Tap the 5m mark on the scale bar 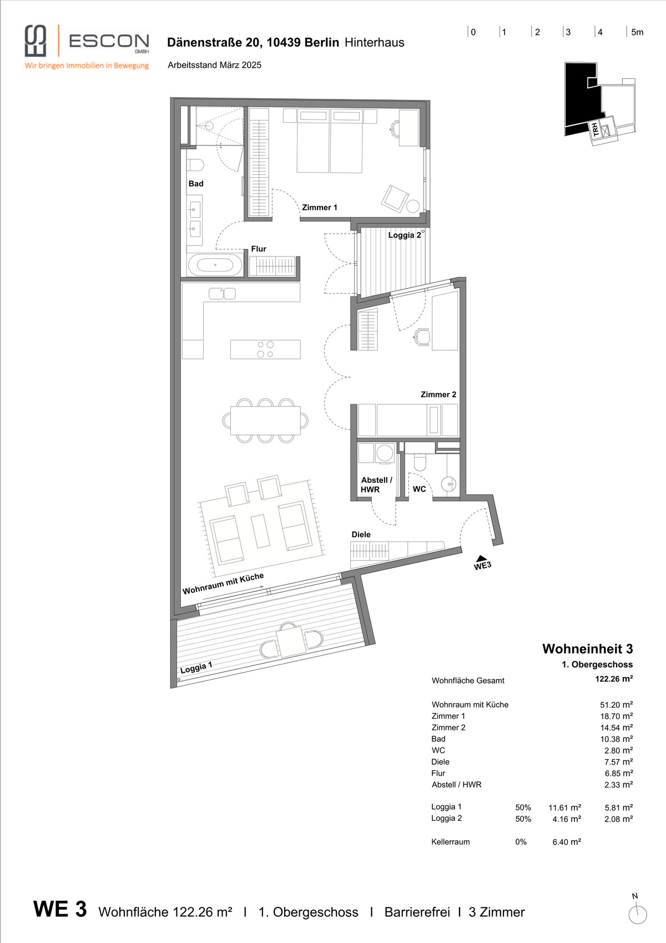tap(637, 32)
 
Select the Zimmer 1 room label tap(319, 207)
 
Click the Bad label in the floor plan tap(195, 184)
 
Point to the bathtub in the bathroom tap(215, 265)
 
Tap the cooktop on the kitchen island tap(265, 349)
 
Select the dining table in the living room tap(265, 420)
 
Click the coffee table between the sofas tap(260, 531)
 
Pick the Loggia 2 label tap(404, 235)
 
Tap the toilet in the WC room tap(420, 462)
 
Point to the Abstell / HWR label tap(376, 484)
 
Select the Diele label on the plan tap(361, 535)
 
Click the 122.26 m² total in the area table tap(614, 679)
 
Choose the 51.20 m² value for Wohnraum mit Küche tap(617, 705)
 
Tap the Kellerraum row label tap(450, 842)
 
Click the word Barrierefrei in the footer tap(417, 912)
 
